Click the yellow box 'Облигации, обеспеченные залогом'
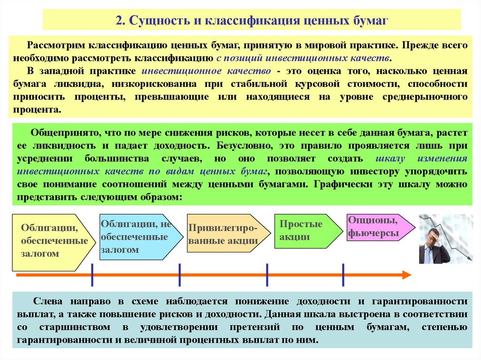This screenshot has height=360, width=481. (52, 242)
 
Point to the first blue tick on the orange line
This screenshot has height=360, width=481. (92, 275)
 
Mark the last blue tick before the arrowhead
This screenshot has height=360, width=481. (343, 275)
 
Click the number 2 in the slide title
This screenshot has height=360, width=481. (119, 21)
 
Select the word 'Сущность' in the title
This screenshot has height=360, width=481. (158, 21)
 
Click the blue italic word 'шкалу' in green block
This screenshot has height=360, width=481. (390, 159)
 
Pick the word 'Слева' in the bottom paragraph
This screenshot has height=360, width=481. (47, 301)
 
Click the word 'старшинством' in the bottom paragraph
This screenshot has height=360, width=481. (75, 327)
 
